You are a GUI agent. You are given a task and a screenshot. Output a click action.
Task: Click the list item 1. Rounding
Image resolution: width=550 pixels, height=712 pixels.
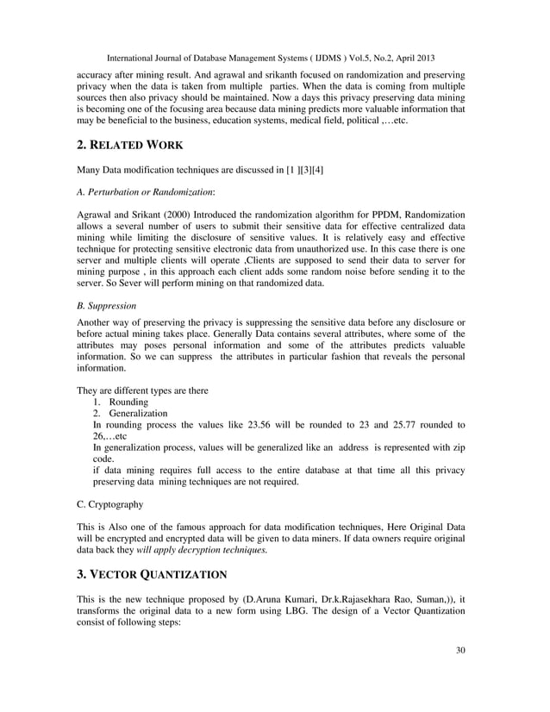(124, 401)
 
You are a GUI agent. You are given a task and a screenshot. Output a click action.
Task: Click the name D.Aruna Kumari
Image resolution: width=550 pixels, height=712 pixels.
(278, 597)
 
